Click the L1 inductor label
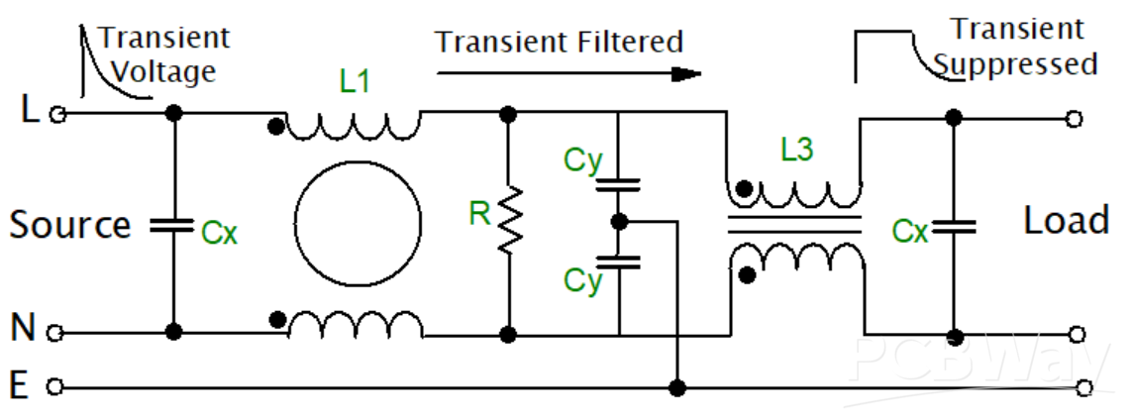(x=355, y=82)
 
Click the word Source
(x=70, y=225)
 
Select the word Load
(x=1066, y=220)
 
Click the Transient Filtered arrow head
(x=685, y=73)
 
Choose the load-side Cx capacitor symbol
(x=953, y=227)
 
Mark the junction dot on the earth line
(x=677, y=385)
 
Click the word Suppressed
(x=1017, y=65)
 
